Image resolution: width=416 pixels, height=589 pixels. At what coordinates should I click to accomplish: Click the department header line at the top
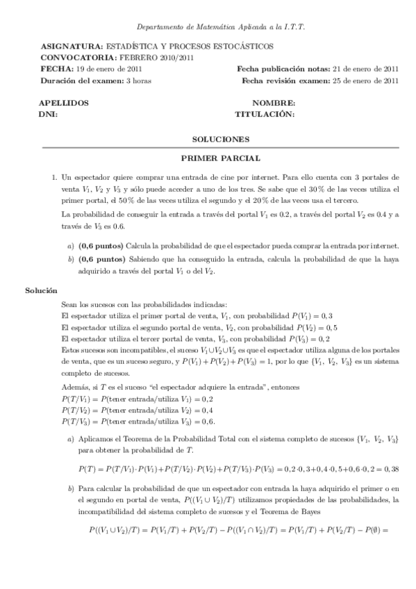click(x=221, y=26)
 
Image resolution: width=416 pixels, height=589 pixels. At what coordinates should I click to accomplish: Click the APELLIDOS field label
click(x=64, y=103)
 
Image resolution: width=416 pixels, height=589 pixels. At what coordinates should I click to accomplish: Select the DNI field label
click(x=49, y=113)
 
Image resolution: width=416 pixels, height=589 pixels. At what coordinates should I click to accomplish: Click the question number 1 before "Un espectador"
click(x=54, y=177)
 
